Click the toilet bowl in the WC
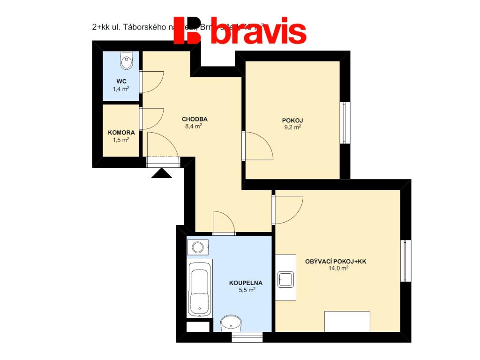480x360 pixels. coord(126,60)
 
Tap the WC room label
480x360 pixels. coord(121,81)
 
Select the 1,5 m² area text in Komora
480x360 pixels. coord(121,140)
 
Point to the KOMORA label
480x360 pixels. coord(121,133)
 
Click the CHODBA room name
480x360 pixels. coord(195,119)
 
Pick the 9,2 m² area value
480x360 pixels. coord(292,127)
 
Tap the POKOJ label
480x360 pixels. coord(292,120)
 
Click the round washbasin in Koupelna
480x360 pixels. coord(231,323)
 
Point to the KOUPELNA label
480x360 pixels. coord(246,283)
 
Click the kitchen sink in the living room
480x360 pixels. coord(285,279)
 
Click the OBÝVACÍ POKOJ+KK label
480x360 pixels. coord(335,262)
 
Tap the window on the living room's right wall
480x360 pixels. coord(405,261)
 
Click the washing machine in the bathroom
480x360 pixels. coord(198,247)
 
